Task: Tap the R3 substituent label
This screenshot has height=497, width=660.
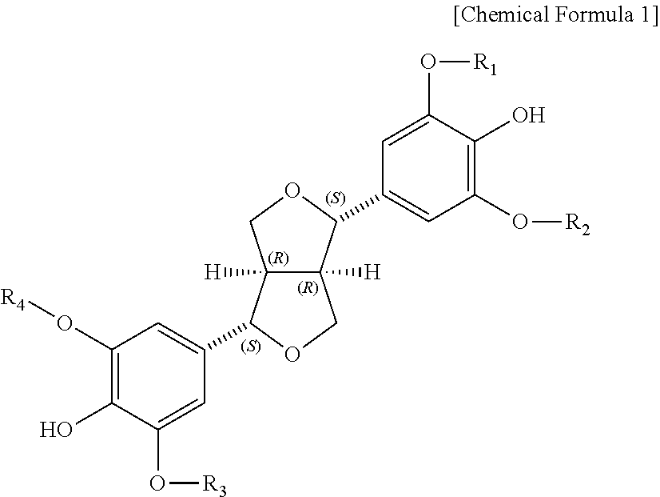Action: [x=213, y=483]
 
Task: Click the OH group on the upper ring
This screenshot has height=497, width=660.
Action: [x=527, y=117]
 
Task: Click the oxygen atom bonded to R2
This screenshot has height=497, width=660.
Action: [x=520, y=222]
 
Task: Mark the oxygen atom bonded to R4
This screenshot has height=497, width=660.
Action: [x=66, y=324]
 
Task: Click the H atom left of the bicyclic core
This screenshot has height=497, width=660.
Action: [x=212, y=273]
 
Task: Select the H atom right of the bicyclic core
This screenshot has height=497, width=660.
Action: [x=372, y=273]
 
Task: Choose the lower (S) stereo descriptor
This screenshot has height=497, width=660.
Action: [x=251, y=347]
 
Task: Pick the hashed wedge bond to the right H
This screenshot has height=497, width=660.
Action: [x=341, y=273]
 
